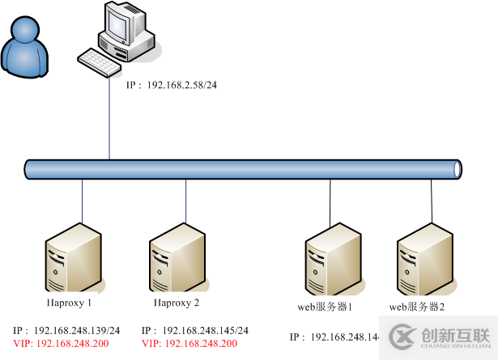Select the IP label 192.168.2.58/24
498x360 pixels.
pos(172,85)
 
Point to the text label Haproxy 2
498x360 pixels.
pos(176,303)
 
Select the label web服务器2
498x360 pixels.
pos(417,307)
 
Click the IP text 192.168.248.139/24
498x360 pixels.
pos(66,331)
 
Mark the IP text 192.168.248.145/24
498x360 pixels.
pos(195,331)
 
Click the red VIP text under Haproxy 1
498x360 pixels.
pos(61,344)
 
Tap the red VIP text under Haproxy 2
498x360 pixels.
pos(189,344)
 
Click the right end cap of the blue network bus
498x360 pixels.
pos(458,169)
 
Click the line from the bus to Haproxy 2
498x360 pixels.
pos(186,198)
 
